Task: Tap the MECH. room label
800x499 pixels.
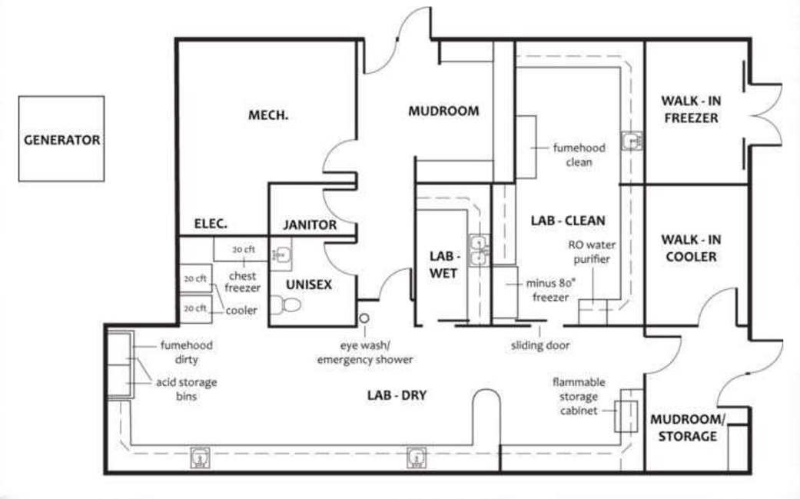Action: (268, 115)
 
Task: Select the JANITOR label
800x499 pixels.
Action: (310, 225)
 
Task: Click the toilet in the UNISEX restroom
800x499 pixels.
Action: (284, 305)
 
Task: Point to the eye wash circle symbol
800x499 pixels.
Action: (363, 318)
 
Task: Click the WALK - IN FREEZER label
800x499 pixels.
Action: (691, 109)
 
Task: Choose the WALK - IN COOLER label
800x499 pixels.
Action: (691, 248)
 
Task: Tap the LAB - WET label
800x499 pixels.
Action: (443, 264)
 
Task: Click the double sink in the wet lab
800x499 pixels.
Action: (479, 251)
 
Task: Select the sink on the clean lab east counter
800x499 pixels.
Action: (632, 141)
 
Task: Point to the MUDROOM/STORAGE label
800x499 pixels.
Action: (687, 427)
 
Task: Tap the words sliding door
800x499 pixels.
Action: (540, 345)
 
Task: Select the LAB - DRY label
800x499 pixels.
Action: (397, 395)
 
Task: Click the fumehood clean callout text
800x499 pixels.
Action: (579, 155)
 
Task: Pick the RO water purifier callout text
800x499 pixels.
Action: (592, 252)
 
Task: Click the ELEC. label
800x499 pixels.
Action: (211, 224)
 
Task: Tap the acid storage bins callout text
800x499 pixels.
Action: (187, 389)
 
